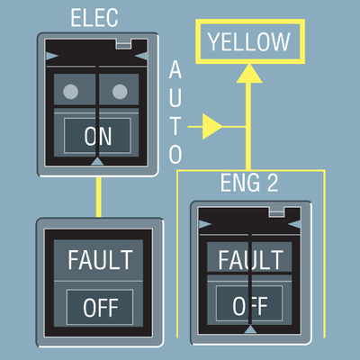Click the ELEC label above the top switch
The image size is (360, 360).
coord(94,18)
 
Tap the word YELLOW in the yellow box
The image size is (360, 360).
coord(249,41)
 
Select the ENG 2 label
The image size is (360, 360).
coord(249,183)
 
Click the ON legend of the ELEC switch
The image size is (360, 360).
coord(98,136)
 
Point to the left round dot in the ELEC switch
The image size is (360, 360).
coord(71,92)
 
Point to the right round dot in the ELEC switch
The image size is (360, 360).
coord(120,92)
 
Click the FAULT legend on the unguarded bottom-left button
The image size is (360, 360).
coord(100,260)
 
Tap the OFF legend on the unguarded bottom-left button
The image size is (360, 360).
coord(101,308)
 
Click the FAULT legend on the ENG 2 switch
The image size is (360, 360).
coord(250,260)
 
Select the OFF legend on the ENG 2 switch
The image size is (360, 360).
coord(250,306)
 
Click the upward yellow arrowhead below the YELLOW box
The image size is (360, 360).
coord(249,74)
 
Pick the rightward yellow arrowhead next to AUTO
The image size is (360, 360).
coord(212,127)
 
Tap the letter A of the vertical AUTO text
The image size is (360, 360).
coord(175,69)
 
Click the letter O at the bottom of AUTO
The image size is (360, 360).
coord(175,154)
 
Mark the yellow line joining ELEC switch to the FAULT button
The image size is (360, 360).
coord(99,197)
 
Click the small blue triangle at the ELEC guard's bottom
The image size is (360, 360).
coord(97,161)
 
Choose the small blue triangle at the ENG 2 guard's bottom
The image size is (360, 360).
coord(250,329)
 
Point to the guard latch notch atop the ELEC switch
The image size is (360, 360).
coord(123,44)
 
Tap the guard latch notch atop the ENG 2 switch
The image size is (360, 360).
coord(276,212)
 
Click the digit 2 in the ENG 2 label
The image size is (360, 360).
coord(273,183)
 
